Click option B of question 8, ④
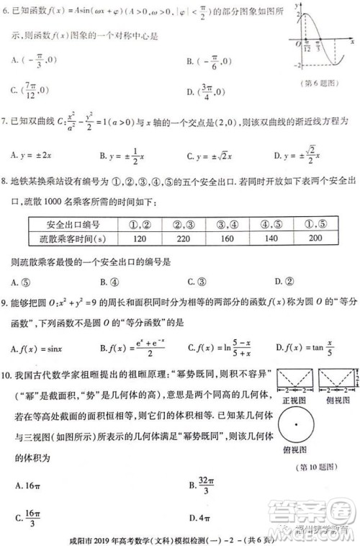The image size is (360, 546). coord(109,282)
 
